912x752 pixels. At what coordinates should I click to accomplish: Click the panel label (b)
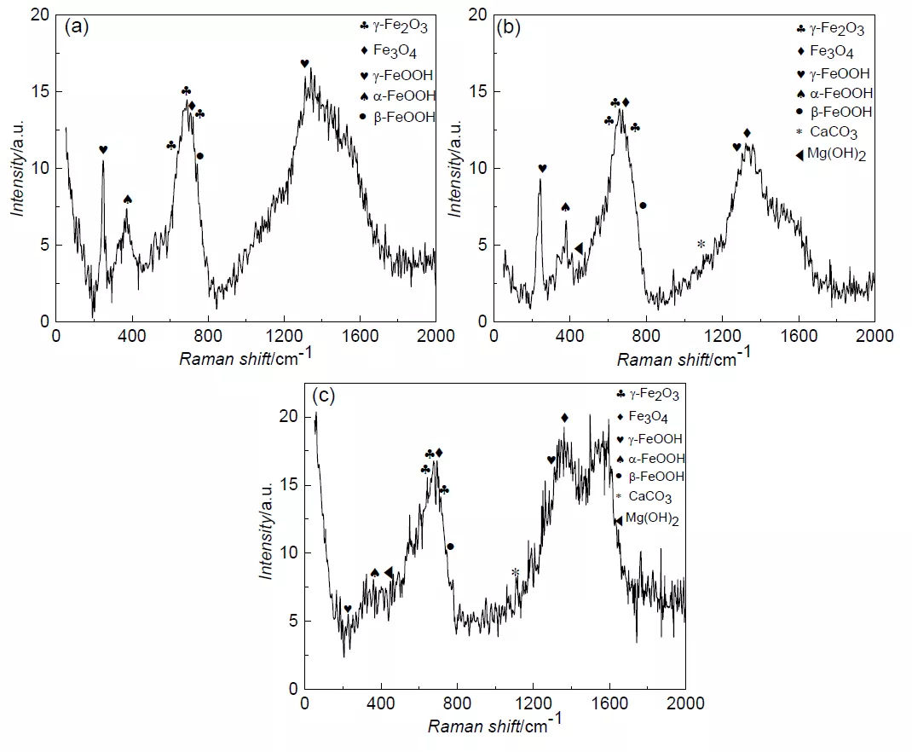pos(509,26)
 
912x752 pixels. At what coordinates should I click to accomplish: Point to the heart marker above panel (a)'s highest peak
pos(304,64)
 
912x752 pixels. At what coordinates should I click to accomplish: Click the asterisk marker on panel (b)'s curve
pos(701,245)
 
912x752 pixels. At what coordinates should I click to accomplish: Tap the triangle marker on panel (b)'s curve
pos(578,248)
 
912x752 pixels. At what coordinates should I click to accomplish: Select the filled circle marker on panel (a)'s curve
pos(200,156)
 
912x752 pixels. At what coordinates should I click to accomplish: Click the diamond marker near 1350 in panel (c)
pos(564,418)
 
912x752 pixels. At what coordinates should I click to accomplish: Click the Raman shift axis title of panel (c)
pos(494,726)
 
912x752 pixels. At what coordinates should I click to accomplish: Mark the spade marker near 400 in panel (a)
pos(128,200)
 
